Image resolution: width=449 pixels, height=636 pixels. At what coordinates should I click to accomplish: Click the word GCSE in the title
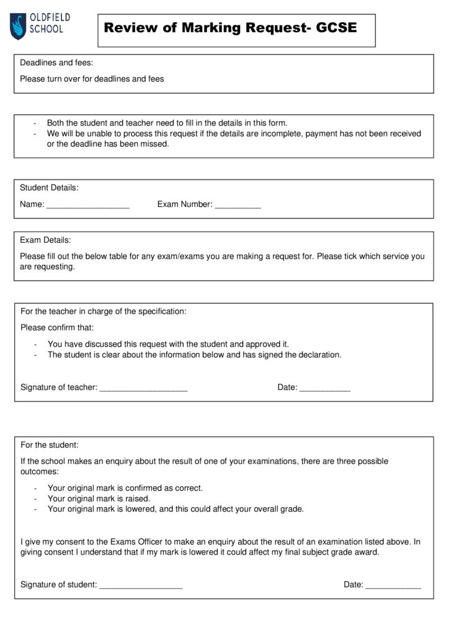coord(336,28)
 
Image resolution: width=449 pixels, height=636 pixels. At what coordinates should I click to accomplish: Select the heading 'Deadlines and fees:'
coord(56,63)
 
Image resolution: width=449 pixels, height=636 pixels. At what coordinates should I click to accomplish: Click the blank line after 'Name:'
coord(87,205)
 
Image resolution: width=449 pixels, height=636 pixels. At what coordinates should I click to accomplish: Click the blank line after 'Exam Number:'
coord(238,205)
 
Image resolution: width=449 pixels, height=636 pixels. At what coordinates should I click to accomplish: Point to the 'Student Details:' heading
coord(49,188)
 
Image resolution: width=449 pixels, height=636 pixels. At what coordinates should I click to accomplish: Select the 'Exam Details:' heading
coord(45,240)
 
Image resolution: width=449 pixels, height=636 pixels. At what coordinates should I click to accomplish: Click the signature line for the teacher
coord(143,388)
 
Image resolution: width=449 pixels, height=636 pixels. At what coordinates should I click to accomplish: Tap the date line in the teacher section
coord(324,388)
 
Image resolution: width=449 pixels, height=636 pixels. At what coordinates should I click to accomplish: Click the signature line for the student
coord(141,585)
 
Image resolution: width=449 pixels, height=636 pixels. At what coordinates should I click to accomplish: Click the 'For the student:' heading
coord(50,445)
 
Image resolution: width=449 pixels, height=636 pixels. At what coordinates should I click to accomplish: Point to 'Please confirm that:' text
coord(57,327)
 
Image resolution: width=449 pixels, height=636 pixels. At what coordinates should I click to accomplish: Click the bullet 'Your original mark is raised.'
coord(99,498)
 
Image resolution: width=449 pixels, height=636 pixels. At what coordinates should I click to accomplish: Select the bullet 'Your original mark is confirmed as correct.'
coord(125,488)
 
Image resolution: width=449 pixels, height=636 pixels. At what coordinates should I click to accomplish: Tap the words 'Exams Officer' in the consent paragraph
coord(136,542)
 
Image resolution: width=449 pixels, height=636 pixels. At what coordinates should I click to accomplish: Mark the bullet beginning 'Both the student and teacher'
coord(167,123)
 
